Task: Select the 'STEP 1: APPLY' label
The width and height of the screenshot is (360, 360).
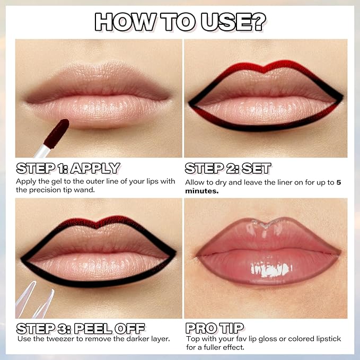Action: (68, 169)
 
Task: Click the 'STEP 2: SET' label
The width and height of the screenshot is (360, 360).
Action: (228, 169)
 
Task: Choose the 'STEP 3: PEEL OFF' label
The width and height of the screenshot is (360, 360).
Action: (81, 327)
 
